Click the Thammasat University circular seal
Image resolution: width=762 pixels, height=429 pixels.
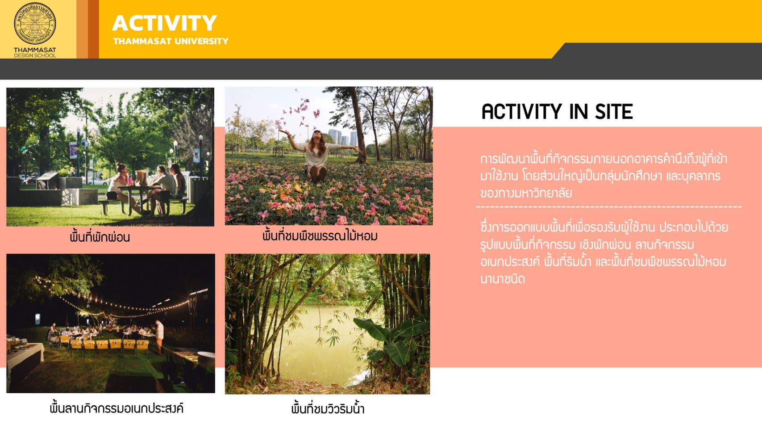tap(35, 24)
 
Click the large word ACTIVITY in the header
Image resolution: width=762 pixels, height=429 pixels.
tap(165, 23)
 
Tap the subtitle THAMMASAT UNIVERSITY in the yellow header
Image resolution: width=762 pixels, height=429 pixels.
tap(171, 41)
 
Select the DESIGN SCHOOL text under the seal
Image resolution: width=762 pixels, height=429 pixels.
tap(35, 55)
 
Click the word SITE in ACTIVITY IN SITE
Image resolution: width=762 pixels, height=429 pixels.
tap(614, 112)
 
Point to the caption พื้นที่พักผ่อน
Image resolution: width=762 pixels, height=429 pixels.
tap(100, 237)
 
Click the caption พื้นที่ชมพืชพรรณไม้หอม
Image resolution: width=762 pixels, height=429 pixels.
tap(320, 236)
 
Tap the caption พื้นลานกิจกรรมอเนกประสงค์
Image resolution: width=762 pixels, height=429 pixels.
tap(117, 408)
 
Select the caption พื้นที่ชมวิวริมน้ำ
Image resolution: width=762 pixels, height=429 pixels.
tap(328, 408)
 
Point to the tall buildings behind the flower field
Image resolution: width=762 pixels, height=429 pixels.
tap(342, 137)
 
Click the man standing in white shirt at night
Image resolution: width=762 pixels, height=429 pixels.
tap(159, 336)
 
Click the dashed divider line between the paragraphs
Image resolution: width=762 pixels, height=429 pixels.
tap(608, 206)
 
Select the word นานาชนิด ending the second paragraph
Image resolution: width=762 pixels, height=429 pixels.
tap(503, 279)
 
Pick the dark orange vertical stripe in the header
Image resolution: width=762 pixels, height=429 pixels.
tap(93, 29)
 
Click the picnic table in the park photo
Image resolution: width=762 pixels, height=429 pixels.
tap(143, 199)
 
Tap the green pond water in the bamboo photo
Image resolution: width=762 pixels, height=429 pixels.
tap(320, 344)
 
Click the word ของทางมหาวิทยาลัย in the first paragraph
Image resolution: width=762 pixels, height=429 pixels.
tap(526, 193)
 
